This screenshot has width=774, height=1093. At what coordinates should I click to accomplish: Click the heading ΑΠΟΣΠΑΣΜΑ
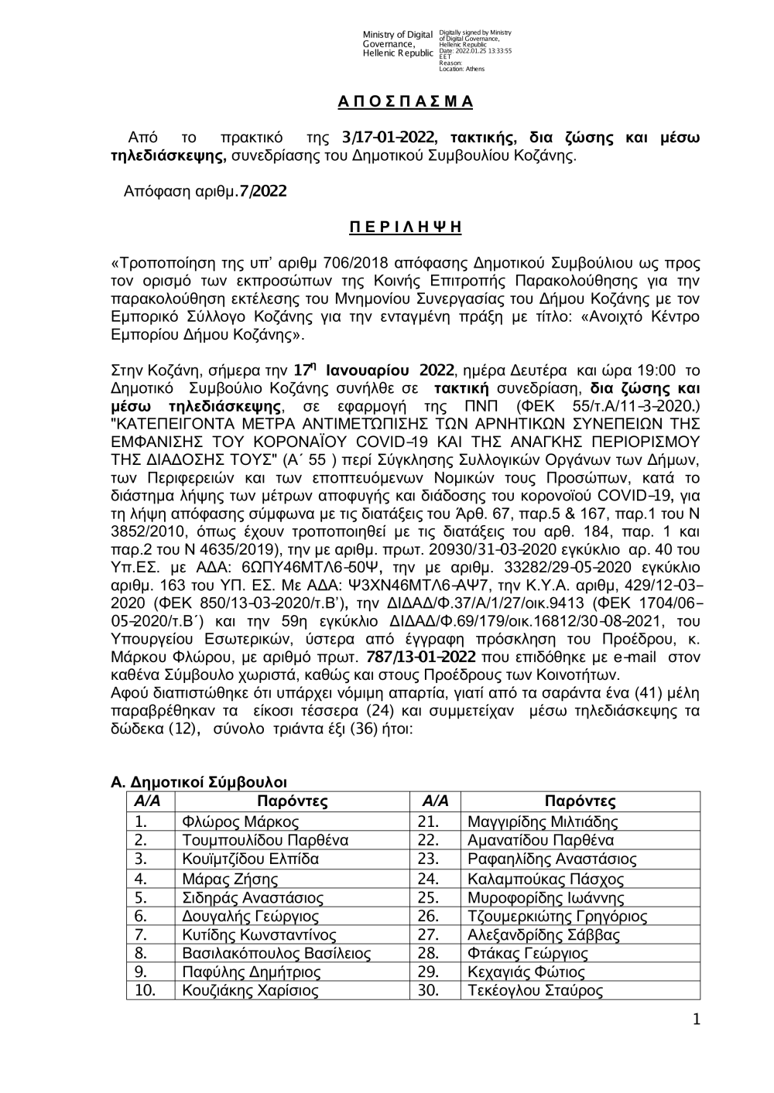point(405,102)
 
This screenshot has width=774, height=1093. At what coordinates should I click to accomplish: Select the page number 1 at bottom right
point(696,1020)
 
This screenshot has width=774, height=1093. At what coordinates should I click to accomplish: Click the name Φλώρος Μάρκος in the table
point(239,821)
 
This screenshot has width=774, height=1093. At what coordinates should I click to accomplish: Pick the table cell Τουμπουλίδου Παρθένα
point(265,840)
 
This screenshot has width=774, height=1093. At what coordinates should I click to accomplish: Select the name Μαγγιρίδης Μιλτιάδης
point(543,821)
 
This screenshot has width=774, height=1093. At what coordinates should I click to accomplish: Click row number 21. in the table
point(428,821)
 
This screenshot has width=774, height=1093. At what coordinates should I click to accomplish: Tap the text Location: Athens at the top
point(461,69)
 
